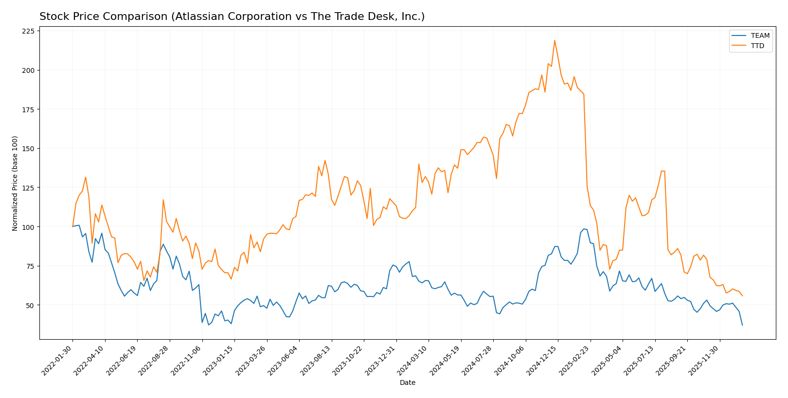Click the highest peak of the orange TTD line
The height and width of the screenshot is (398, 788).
pos(555,40)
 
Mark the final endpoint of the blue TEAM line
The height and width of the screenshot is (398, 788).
pos(742,325)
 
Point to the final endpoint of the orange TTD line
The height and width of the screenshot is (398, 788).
pos(742,296)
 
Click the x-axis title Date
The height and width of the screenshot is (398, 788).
pos(408,383)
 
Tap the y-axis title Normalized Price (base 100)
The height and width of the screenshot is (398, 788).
pos(15,183)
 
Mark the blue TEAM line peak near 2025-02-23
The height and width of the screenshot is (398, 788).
pos(584,229)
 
